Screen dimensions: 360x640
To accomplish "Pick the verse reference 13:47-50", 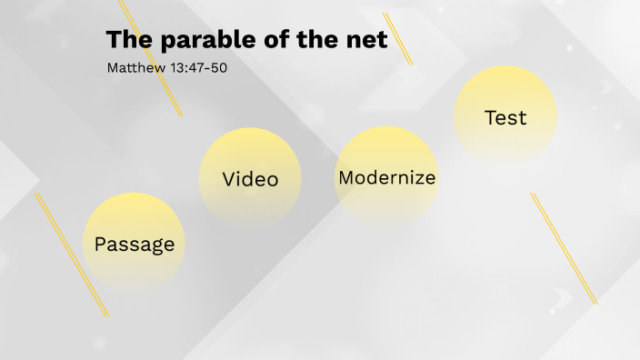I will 197,68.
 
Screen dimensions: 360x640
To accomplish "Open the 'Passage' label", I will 135,245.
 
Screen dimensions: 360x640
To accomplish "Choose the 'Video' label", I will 250,179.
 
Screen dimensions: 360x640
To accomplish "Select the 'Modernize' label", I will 386,178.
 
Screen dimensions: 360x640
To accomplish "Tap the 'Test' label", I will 505,118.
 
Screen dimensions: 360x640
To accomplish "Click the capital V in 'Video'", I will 230,179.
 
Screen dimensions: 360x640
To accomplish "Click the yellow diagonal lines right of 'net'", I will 398,39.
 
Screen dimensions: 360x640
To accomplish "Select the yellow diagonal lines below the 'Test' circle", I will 564,248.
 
